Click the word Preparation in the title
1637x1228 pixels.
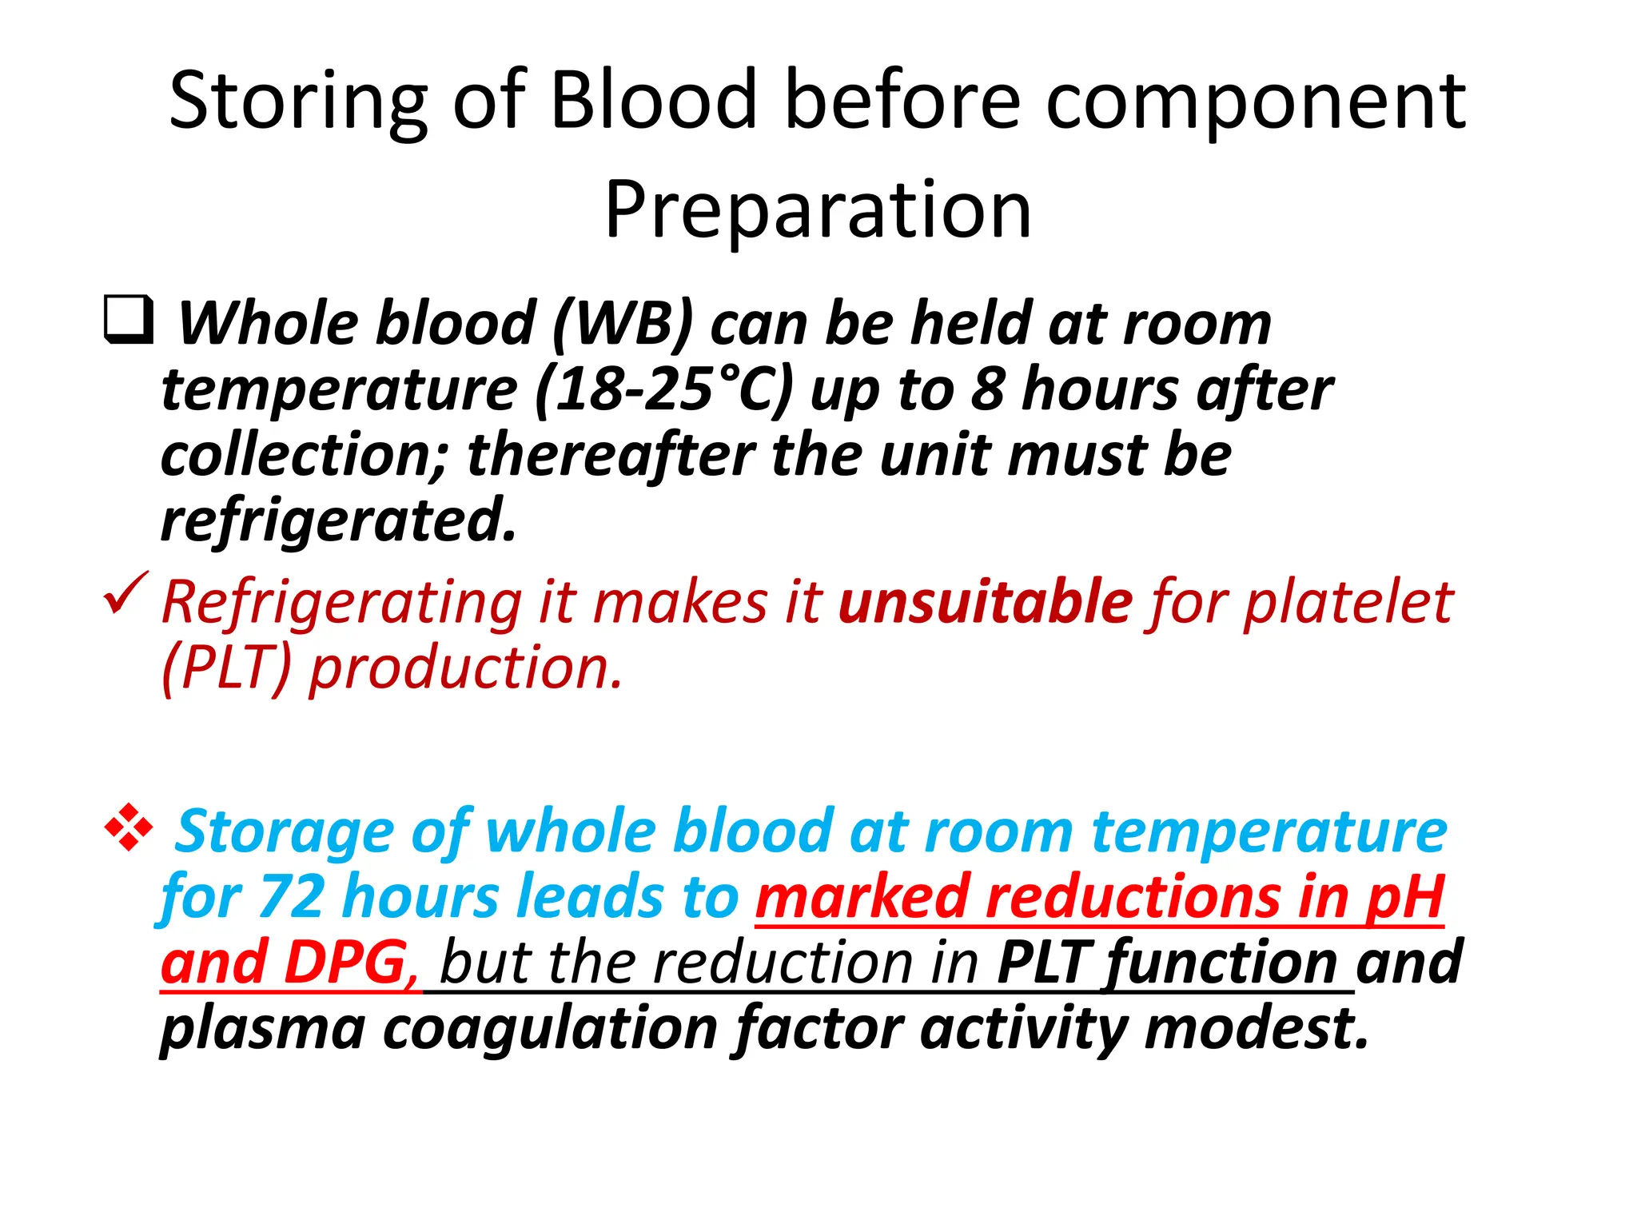coord(818,209)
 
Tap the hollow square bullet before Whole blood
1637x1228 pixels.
coord(128,319)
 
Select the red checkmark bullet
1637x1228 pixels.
coord(125,594)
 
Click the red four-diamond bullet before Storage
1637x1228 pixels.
coord(128,827)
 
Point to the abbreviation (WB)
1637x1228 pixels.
coord(623,324)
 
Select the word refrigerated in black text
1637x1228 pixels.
coord(339,520)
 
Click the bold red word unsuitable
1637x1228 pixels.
coord(985,601)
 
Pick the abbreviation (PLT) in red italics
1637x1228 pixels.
coord(225,668)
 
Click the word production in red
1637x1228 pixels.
coord(465,668)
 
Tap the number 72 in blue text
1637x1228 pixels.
coord(293,897)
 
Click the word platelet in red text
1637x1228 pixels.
coord(1348,601)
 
